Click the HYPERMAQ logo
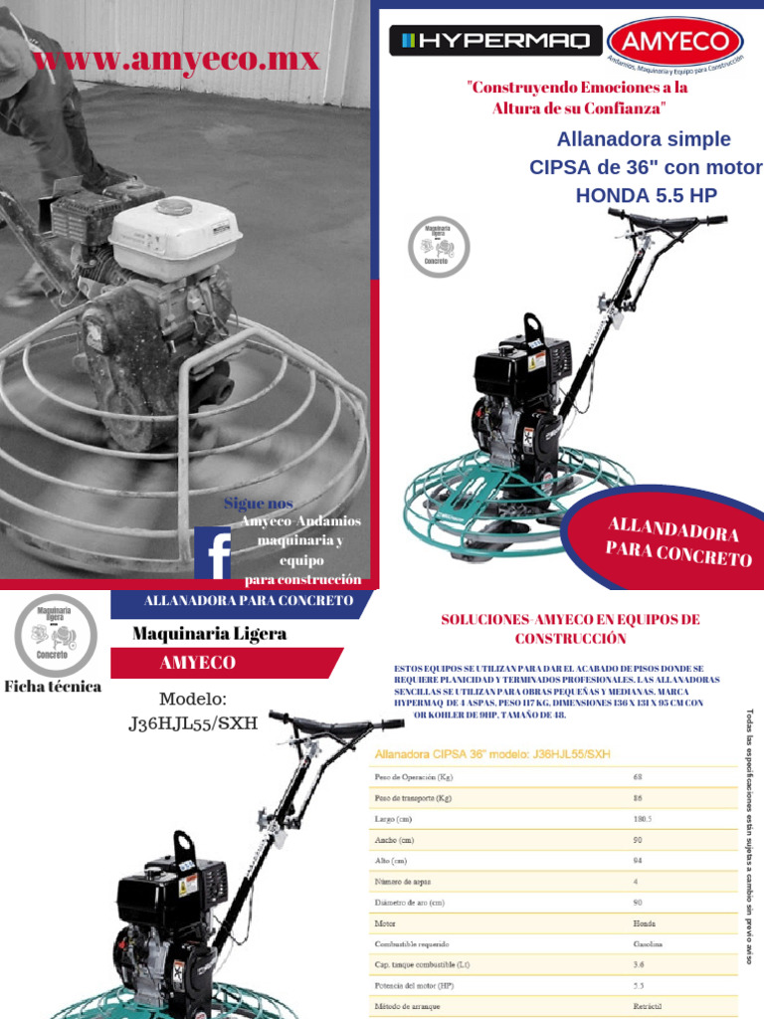tap(494, 41)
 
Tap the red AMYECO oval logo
tap(674, 41)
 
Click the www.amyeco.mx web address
tap(175, 59)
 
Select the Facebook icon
tap(214, 553)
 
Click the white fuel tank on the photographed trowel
tap(176, 228)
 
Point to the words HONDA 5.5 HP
tap(646, 195)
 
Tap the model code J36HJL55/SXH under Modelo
tap(193, 723)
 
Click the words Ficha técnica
tap(53, 687)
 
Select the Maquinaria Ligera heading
tap(210, 634)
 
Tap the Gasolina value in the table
tap(648, 943)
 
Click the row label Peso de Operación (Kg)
tap(413, 776)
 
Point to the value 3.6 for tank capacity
tap(640, 964)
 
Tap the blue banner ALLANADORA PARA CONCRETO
tap(248, 601)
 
